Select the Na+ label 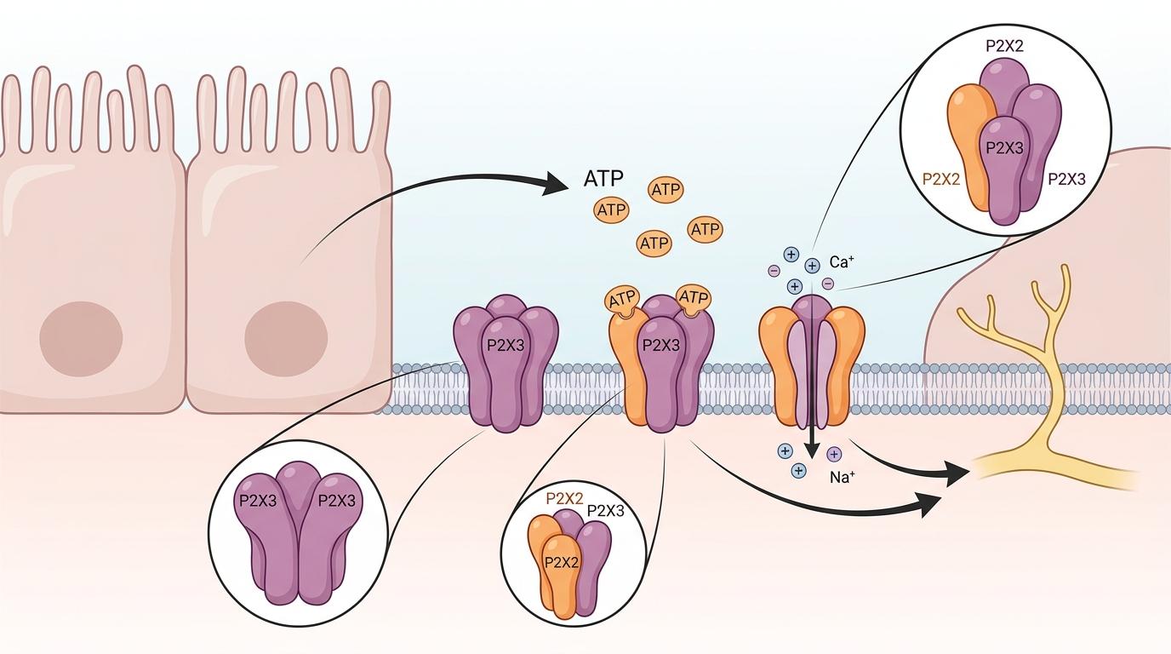pos(842,477)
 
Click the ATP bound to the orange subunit pos(621,300)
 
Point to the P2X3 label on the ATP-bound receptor pos(660,345)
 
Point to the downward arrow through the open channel pos(813,400)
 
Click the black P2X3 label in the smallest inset pos(606,511)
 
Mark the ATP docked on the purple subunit pos(694,296)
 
